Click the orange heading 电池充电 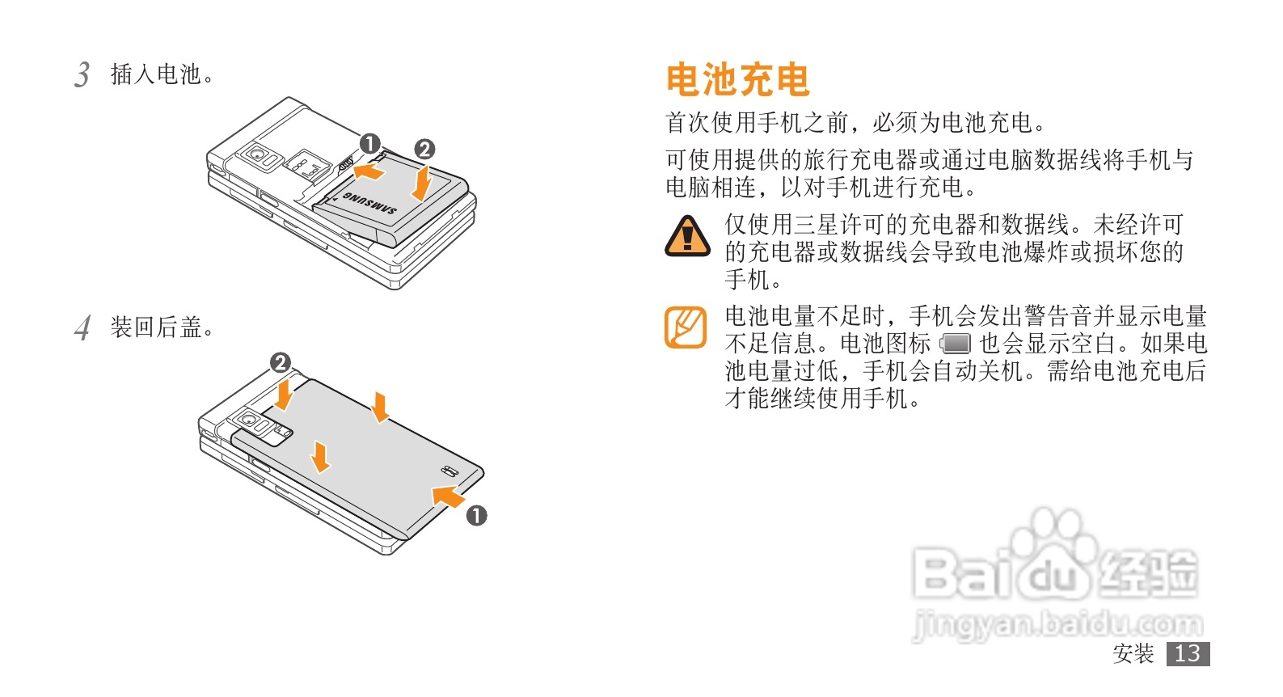click(x=738, y=79)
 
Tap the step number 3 click(x=82, y=75)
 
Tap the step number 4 click(x=83, y=328)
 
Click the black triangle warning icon click(x=687, y=236)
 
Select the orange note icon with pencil click(x=686, y=327)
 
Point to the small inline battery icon click(x=956, y=344)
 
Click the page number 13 click(x=1188, y=653)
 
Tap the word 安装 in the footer click(x=1133, y=653)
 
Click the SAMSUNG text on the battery click(x=369, y=203)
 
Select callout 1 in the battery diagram click(x=370, y=144)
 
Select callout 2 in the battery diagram click(x=424, y=150)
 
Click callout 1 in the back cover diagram click(x=476, y=515)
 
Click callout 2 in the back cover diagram click(x=281, y=362)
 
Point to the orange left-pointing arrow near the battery click(x=369, y=170)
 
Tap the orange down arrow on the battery click(x=423, y=184)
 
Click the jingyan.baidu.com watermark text click(x=1057, y=624)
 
